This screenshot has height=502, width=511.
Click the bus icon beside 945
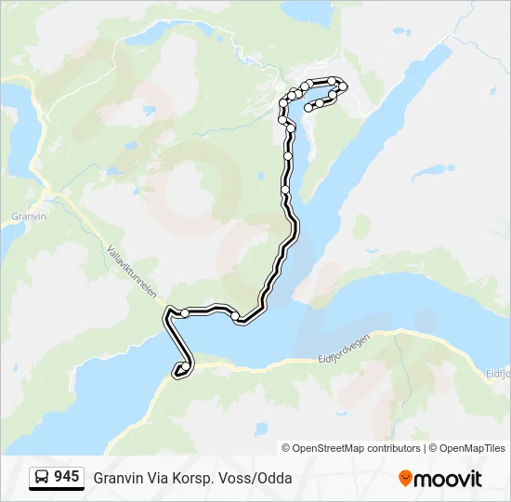pos(42,477)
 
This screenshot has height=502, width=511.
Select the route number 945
pos(66,477)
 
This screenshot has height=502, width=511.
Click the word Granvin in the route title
pos(118,479)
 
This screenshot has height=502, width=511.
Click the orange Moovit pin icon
pos(405,478)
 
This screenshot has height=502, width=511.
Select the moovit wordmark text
pos(448,479)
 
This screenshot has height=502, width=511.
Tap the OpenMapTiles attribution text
pos(471,448)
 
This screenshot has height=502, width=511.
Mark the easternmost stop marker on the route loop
pos(344,87)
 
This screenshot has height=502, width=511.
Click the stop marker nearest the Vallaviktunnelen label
pos(185,313)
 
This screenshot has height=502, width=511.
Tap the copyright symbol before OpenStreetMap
pos(287,448)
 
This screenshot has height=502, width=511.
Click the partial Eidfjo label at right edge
pos(499,374)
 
